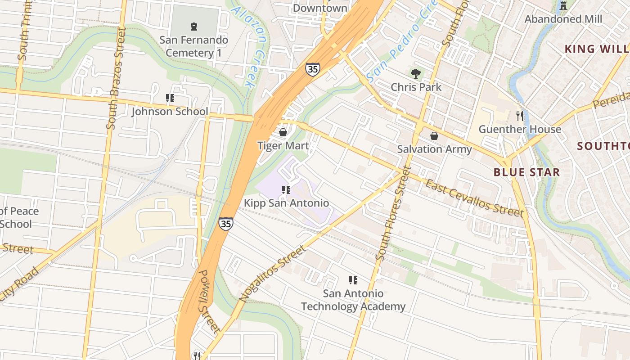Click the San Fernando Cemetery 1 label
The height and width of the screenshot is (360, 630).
point(194,46)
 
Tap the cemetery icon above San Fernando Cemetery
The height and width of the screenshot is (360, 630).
point(194,26)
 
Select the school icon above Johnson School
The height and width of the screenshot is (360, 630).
point(170,98)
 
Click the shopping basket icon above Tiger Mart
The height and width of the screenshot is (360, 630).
point(283,132)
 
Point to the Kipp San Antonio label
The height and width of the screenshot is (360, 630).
point(286,203)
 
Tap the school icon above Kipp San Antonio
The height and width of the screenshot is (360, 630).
point(286,190)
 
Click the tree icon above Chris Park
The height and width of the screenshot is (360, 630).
point(416,73)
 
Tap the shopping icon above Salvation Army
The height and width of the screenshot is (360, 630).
point(434,135)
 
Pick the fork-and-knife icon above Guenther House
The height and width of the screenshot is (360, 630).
point(520,116)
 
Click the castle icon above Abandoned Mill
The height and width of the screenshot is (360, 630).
point(563,6)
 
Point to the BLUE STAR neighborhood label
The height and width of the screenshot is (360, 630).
point(526,172)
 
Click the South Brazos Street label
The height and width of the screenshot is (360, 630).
point(116,79)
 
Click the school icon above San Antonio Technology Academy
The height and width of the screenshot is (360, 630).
point(353,280)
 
